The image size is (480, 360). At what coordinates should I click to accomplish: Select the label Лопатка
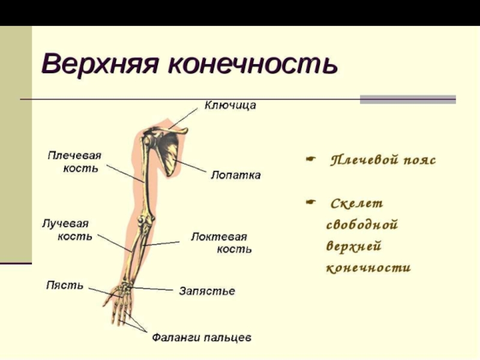click(235, 176)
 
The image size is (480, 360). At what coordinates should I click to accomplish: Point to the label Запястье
click(207, 291)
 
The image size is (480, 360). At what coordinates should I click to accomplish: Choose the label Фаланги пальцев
click(201, 338)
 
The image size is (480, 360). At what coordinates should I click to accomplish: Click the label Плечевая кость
click(74, 162)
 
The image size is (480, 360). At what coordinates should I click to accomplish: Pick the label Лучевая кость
click(67, 229)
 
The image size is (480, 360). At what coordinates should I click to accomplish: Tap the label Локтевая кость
click(221, 242)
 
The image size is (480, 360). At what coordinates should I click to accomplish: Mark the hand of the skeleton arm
click(120, 300)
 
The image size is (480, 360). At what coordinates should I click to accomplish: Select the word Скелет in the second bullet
click(356, 204)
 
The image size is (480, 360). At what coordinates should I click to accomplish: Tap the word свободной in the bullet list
click(362, 226)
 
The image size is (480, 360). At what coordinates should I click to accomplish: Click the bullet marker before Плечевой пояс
click(310, 160)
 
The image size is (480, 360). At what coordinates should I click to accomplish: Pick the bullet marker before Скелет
click(310, 203)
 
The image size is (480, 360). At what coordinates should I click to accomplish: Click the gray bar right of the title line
click(407, 99)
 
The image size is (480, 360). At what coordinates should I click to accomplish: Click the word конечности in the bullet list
click(368, 268)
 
